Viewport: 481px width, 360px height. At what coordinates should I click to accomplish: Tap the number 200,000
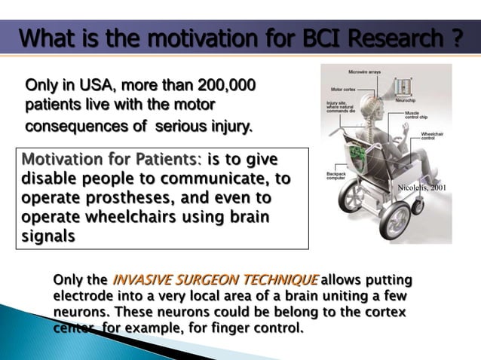click(225, 84)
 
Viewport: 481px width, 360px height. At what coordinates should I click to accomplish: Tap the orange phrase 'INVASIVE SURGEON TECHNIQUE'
click(215, 280)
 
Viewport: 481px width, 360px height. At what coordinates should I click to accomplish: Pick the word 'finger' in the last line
click(219, 328)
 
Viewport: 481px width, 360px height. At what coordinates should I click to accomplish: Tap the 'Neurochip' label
click(410, 100)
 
